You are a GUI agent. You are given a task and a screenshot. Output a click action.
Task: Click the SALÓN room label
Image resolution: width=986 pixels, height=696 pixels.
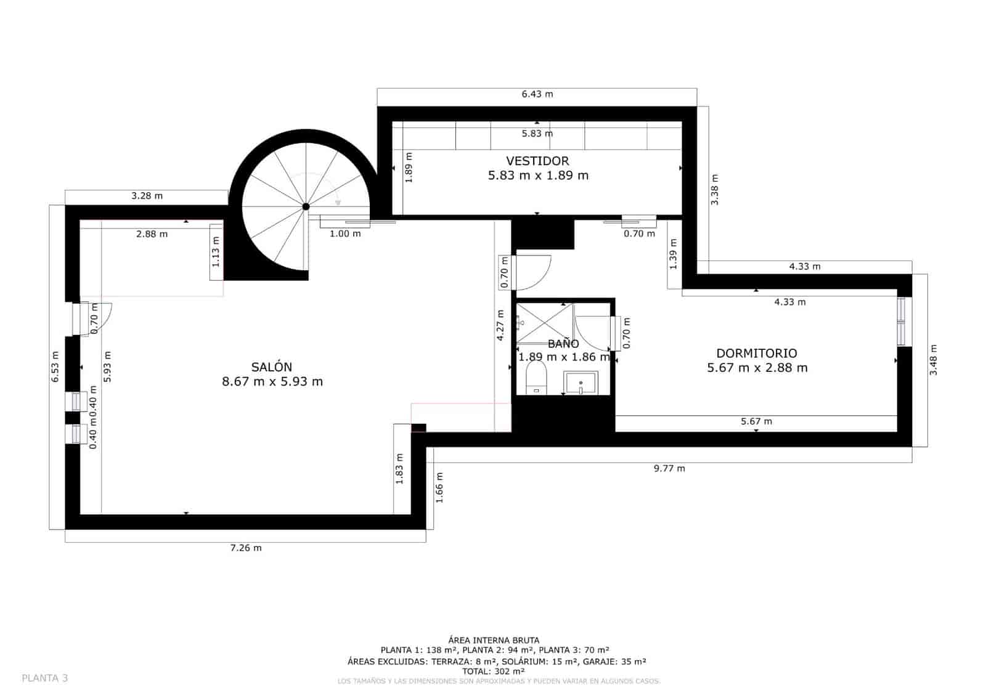click(x=272, y=367)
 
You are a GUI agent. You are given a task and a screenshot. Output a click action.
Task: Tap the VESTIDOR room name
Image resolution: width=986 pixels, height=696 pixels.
click(x=537, y=161)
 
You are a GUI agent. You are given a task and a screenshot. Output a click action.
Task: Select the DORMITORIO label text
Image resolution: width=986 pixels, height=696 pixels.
click(x=756, y=353)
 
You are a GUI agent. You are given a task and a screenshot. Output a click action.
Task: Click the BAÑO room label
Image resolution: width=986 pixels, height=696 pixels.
click(x=563, y=344)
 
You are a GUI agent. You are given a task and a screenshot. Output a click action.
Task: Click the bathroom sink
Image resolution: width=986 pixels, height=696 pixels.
click(x=581, y=382)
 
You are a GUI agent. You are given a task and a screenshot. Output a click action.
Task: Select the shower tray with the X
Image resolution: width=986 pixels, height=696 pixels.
click(x=544, y=323)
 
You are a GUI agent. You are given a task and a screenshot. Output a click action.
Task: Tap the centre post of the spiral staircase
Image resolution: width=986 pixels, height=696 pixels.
click(x=306, y=207)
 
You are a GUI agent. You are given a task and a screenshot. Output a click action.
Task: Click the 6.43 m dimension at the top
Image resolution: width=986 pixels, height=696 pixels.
click(x=537, y=94)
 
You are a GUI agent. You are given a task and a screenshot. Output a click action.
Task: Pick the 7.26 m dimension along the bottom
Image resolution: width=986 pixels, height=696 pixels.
click(x=245, y=548)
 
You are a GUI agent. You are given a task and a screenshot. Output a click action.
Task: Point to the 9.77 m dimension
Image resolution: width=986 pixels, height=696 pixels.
click(x=669, y=468)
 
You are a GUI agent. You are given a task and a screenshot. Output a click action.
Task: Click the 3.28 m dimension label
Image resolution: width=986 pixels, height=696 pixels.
click(x=147, y=196)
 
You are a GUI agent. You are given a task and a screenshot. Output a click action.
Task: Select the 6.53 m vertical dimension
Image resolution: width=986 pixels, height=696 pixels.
click(x=55, y=366)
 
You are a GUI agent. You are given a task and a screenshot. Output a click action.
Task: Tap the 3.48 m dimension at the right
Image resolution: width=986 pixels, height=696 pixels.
click(x=933, y=360)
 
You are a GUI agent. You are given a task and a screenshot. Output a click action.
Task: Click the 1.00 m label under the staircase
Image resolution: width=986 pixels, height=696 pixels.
click(x=345, y=233)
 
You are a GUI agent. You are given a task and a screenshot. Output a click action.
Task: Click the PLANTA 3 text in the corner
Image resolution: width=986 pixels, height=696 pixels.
click(x=44, y=678)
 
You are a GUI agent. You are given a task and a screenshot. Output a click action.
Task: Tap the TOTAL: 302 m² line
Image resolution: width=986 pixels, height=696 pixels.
click(x=493, y=671)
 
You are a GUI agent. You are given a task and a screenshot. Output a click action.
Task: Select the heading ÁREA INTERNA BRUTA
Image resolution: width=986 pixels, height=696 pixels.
click(x=494, y=640)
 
